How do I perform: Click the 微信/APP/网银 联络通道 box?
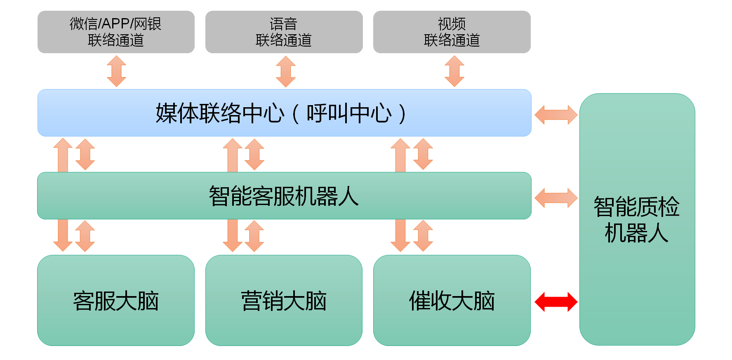click(x=116, y=32)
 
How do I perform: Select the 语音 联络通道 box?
click(x=284, y=32)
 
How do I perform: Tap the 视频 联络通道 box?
click(x=452, y=32)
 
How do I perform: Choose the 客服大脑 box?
click(x=116, y=300)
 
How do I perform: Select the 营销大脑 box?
click(x=284, y=300)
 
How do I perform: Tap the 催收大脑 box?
click(x=452, y=300)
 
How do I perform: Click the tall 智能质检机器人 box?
click(x=637, y=219)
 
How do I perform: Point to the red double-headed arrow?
click(x=556, y=302)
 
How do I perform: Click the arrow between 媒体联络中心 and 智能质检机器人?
click(x=556, y=115)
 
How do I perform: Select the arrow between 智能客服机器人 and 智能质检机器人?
click(x=556, y=198)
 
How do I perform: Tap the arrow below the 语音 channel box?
click(x=286, y=71)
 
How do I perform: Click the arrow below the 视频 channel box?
click(x=454, y=71)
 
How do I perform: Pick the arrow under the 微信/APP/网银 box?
click(x=117, y=71)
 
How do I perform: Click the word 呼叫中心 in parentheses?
click(x=349, y=113)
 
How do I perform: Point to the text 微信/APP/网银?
click(x=115, y=24)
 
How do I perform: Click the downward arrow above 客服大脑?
click(x=63, y=235)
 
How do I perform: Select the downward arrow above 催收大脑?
click(x=400, y=235)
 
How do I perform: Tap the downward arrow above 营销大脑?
click(x=233, y=235)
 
